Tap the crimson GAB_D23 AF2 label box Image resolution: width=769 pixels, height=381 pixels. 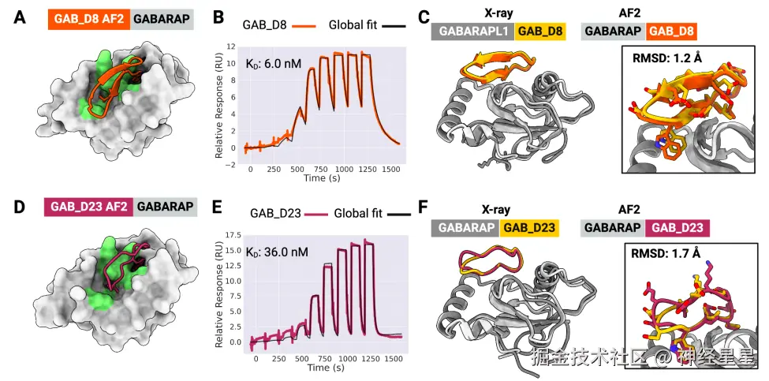click(89, 207)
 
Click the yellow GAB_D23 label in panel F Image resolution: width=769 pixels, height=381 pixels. click(528, 229)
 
